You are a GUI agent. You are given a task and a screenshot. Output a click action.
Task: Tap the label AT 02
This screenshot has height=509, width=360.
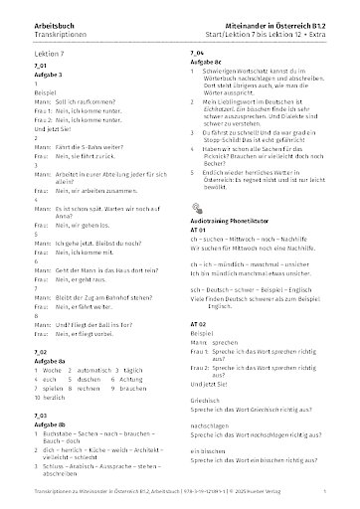[197, 324]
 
